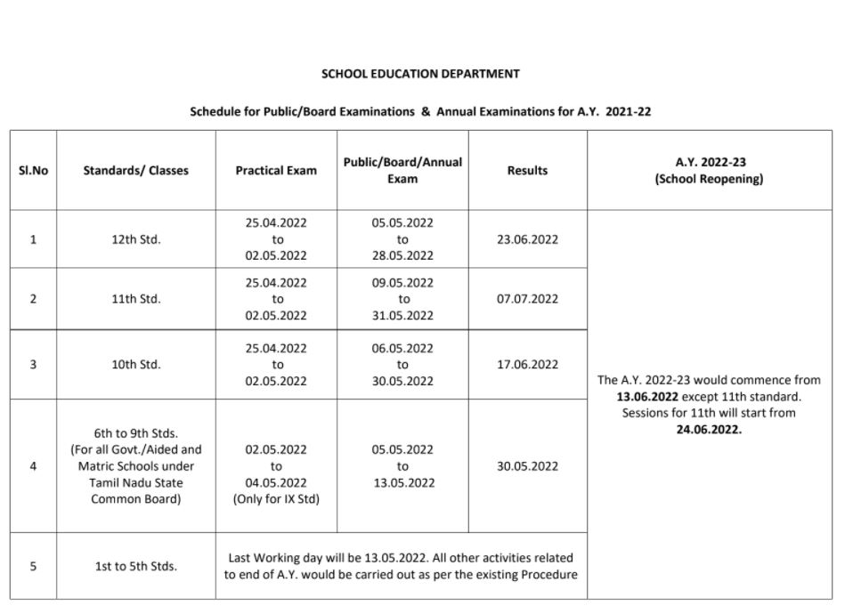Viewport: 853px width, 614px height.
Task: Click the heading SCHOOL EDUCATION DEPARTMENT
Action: (420, 74)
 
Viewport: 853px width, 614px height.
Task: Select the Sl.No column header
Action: (33, 170)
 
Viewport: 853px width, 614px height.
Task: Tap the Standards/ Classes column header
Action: (135, 170)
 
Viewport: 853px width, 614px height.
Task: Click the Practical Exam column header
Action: (276, 170)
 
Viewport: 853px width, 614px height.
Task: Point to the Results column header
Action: (527, 170)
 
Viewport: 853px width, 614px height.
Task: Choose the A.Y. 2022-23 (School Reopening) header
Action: (710, 170)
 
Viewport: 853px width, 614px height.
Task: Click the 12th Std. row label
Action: (135, 239)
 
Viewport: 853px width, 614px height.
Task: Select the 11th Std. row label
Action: (135, 299)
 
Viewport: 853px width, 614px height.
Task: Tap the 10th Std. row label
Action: (135, 364)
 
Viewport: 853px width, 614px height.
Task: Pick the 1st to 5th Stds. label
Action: (135, 566)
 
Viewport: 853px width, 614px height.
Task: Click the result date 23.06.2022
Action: (527, 239)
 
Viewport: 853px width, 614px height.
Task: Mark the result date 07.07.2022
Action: (527, 299)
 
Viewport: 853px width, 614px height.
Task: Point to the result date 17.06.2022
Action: (527, 364)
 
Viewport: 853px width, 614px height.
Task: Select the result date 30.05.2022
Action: (527, 466)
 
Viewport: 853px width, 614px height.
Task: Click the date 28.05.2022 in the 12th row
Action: (402, 255)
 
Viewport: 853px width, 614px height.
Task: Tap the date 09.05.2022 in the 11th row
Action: (402, 283)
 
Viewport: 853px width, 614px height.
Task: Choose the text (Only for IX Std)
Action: (276, 499)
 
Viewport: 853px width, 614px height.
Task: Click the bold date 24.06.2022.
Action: (709, 429)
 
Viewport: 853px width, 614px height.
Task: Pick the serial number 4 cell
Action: (33, 466)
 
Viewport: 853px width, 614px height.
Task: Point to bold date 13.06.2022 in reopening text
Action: (646, 396)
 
